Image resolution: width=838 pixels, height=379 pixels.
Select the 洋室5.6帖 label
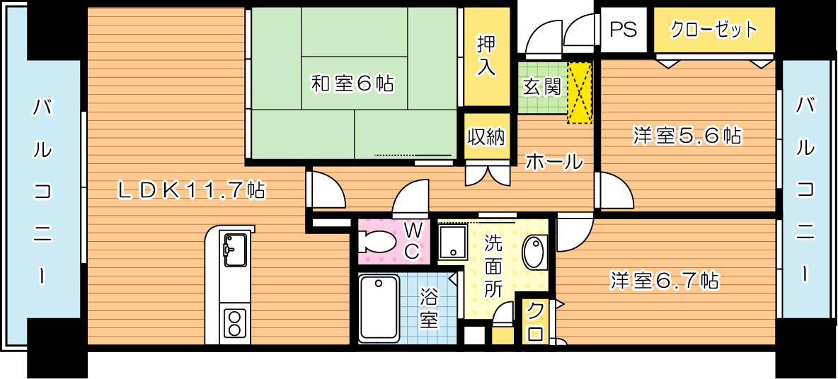687,136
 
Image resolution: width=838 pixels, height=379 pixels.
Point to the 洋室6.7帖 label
665,281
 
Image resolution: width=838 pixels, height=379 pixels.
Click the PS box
623,30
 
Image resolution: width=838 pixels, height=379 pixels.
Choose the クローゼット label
713,30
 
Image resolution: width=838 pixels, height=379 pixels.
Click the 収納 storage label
486,136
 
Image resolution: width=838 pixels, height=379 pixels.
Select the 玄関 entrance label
541,86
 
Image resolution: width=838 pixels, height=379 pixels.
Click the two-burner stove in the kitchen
234,323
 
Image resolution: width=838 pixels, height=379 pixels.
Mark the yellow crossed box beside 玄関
579,93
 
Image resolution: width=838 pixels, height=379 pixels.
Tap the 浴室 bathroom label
428,306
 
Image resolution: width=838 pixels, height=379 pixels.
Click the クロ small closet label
536,322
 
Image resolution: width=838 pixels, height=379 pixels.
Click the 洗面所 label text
493,265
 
